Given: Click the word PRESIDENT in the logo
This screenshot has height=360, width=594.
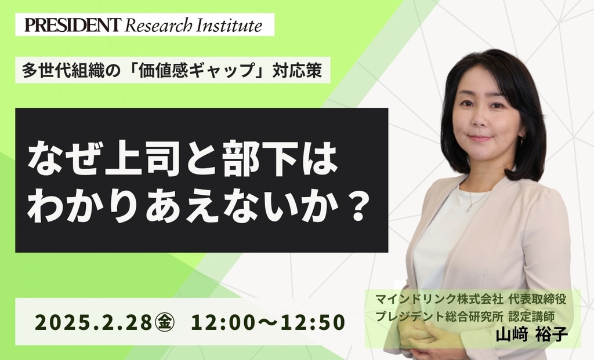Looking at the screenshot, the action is click(73, 25).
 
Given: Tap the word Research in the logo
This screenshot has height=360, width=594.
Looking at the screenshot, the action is click(158, 26).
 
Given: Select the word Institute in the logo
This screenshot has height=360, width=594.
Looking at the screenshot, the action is click(229, 25).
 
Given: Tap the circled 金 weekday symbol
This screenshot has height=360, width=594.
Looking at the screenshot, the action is click(164, 322).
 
